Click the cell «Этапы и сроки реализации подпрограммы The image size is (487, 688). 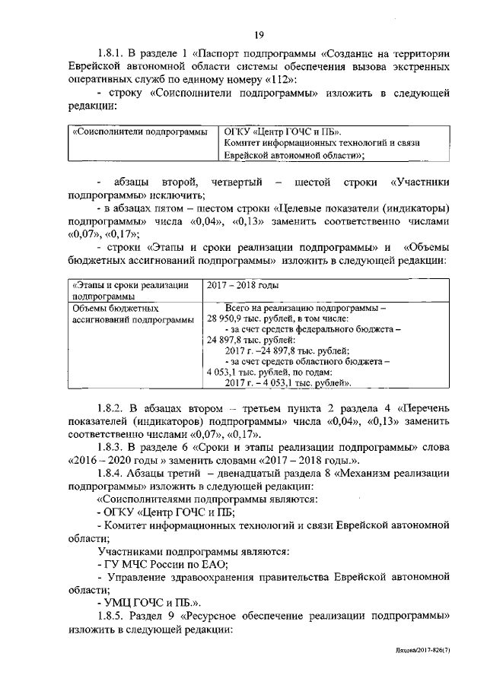[x=130, y=290]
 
